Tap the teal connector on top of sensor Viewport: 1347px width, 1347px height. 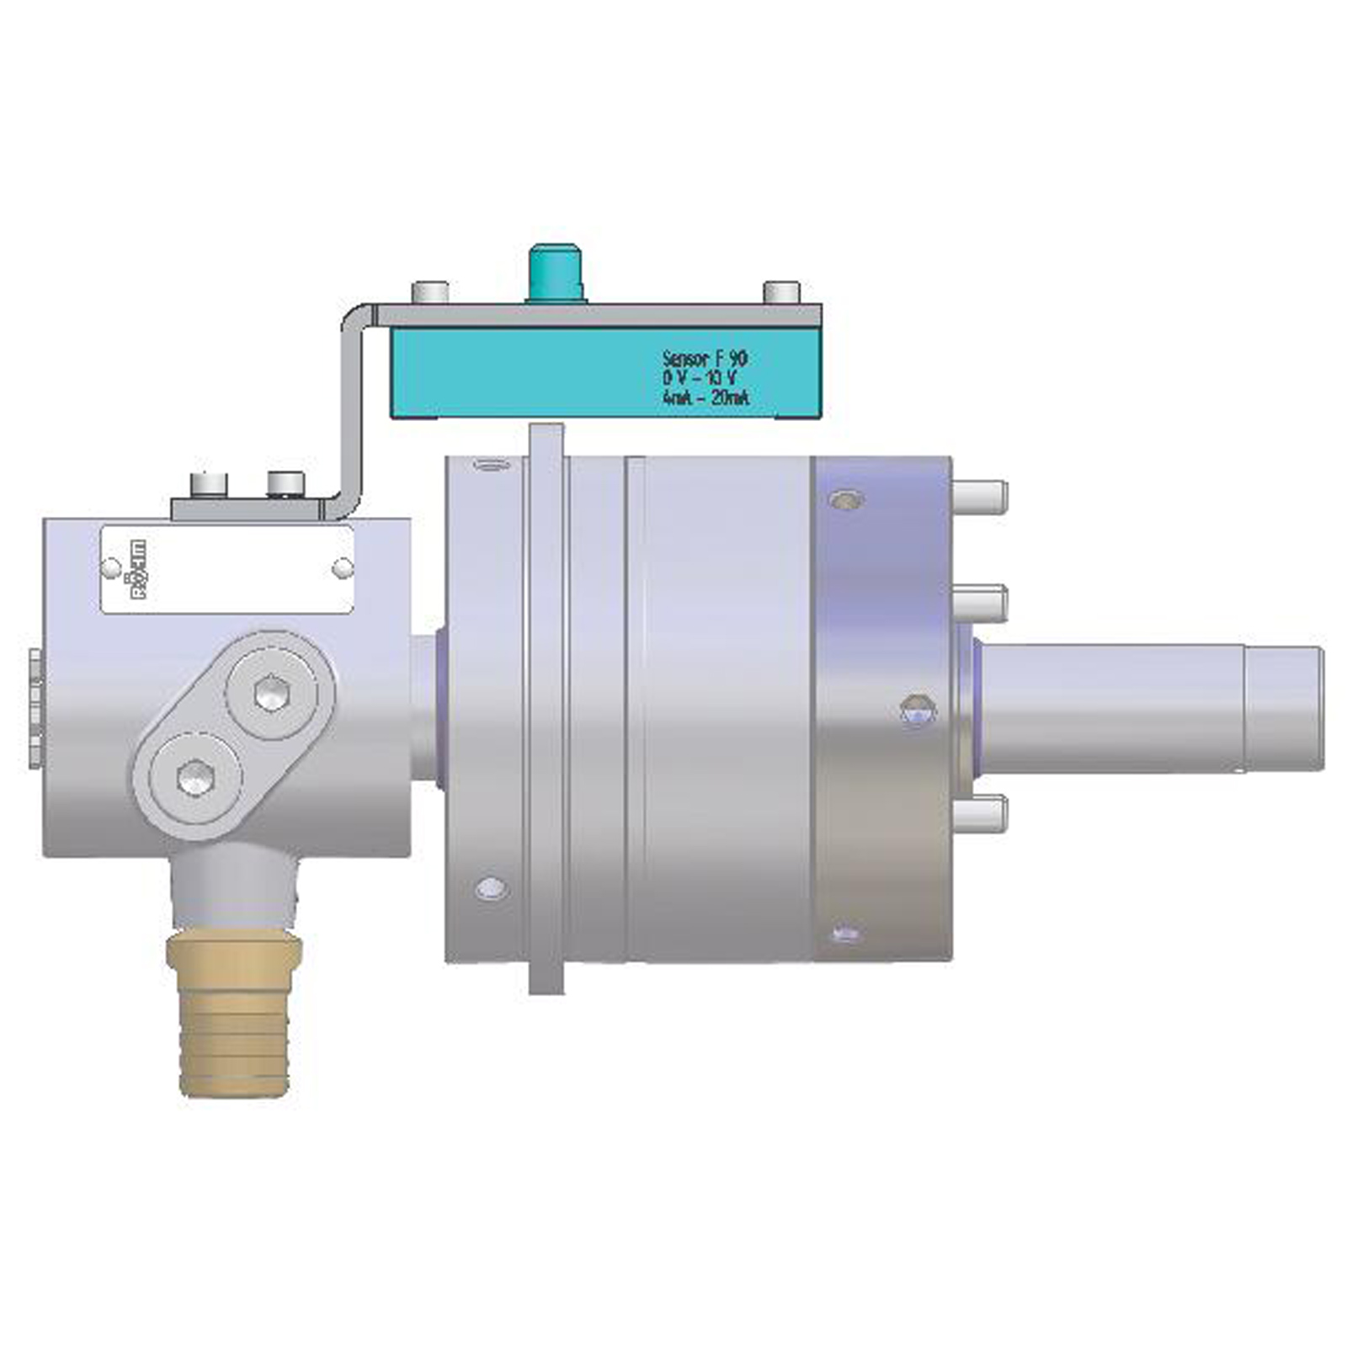(x=555, y=271)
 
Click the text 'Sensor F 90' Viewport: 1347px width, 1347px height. (x=705, y=359)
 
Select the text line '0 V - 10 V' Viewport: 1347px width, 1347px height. (x=700, y=378)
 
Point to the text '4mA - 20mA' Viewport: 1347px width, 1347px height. (x=705, y=398)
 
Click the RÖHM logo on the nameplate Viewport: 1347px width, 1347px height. (x=135, y=570)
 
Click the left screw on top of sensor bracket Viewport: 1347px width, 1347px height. (x=429, y=292)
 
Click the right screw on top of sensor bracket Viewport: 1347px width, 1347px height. (x=780, y=292)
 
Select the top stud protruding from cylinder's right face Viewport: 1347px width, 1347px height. (x=979, y=496)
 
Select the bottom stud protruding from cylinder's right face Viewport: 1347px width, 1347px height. (x=979, y=814)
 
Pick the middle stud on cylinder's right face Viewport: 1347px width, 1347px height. (x=979, y=603)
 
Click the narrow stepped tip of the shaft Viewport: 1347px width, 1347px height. (x=1283, y=708)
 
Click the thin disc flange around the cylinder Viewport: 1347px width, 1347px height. (x=546, y=707)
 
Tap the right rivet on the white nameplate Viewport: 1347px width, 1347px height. (x=343, y=569)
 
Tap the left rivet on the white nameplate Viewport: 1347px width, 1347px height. (x=110, y=568)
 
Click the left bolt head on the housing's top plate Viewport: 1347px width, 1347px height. (x=209, y=484)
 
